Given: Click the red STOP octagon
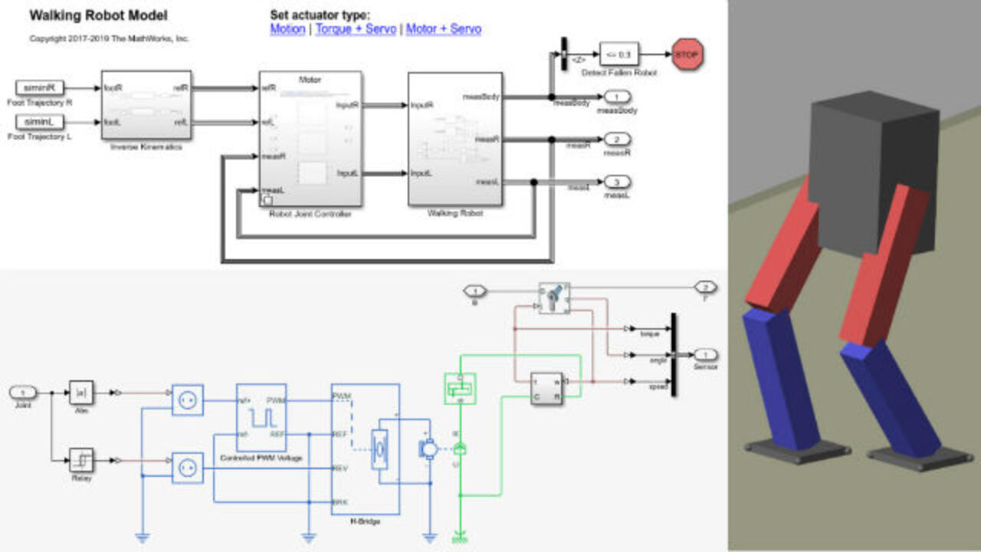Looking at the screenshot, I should [x=687, y=54].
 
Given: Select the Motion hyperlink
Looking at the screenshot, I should [x=287, y=29].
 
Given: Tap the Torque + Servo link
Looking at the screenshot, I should [x=356, y=29].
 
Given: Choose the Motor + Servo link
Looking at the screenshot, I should [x=443, y=29].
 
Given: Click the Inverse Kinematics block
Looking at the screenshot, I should [x=146, y=104].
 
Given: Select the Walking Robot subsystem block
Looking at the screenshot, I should [x=455, y=139].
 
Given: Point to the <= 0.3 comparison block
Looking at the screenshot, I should [x=618, y=54].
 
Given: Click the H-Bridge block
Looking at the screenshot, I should [x=365, y=449].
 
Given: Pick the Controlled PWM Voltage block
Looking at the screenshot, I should [x=261, y=417].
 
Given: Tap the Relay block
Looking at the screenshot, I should [x=81, y=460].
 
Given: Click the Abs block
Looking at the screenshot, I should [x=81, y=393].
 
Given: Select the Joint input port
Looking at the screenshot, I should [x=23, y=393].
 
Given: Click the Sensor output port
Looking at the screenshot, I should [x=706, y=354].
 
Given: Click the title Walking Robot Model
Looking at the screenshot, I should [x=98, y=15].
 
